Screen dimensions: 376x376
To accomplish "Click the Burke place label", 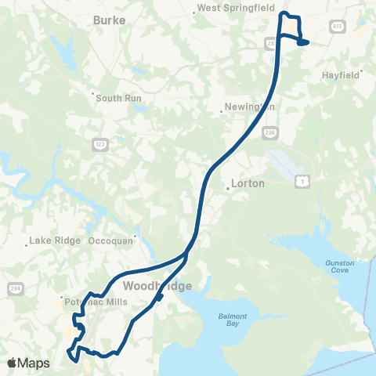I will click(110, 20).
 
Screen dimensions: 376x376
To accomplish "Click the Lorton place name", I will click(248, 183).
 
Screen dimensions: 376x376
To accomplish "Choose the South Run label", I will click(117, 97).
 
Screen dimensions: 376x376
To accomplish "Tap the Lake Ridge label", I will click(54, 240).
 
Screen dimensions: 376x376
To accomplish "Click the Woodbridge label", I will click(156, 286).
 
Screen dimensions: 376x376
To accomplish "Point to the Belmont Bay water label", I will click(231, 320).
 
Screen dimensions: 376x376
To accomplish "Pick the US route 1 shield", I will click(302, 182).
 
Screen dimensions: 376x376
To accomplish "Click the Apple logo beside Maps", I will click(13, 363).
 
